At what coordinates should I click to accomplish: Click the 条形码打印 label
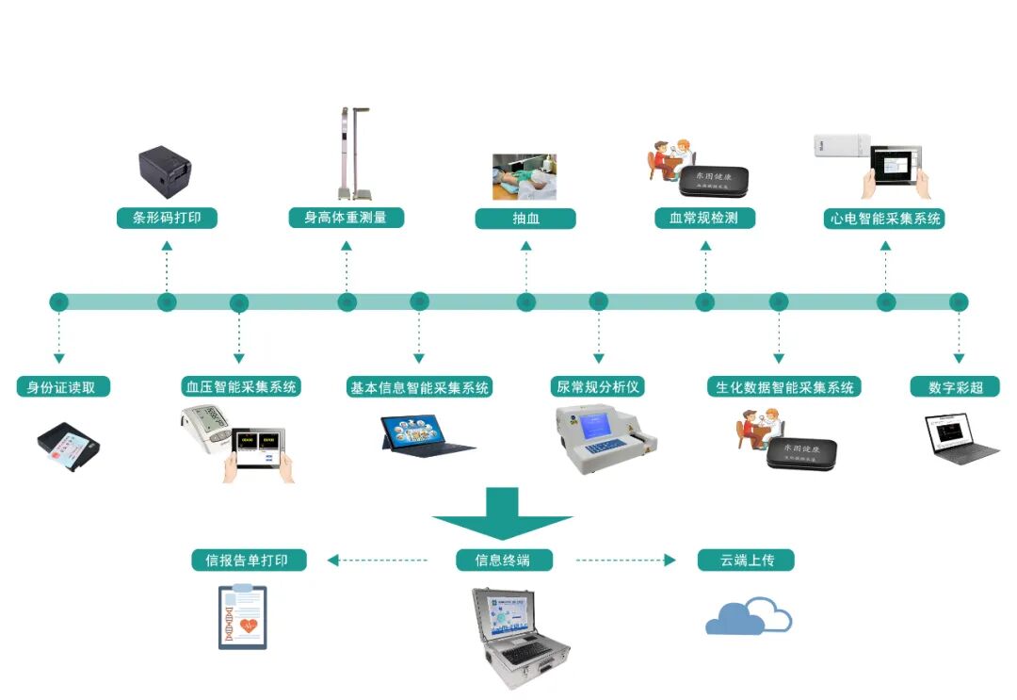point(167,219)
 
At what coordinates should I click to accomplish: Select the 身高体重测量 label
point(346,219)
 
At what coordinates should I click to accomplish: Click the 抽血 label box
point(525,219)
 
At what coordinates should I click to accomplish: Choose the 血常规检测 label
point(705,219)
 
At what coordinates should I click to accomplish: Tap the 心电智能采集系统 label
point(885,219)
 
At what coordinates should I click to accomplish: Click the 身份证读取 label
point(63,386)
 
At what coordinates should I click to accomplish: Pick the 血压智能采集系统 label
point(240,386)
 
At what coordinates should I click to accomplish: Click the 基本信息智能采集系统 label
point(420,386)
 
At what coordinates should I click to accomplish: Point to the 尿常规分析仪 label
point(597,386)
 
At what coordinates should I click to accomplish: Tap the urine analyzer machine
point(604,438)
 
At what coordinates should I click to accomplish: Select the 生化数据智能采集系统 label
point(783,386)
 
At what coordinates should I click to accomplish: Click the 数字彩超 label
point(956,386)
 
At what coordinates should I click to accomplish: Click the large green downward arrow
point(503,513)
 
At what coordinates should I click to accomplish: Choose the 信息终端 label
point(504,561)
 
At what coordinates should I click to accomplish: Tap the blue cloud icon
point(749,616)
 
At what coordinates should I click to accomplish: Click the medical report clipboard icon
point(242,616)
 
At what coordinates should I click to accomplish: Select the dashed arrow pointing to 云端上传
point(625,561)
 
